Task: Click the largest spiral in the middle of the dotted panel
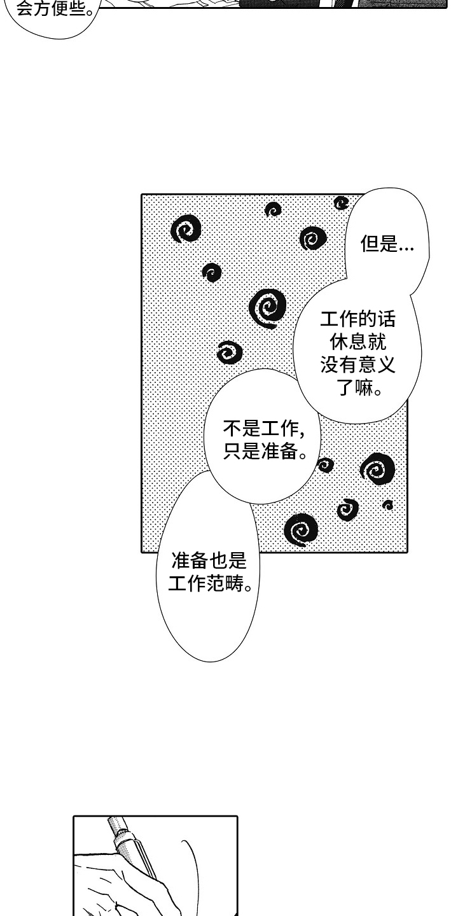click(268, 308)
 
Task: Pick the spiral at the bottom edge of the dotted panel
click(301, 528)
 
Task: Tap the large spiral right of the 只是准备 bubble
click(377, 469)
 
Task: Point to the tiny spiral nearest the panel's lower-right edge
click(387, 505)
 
